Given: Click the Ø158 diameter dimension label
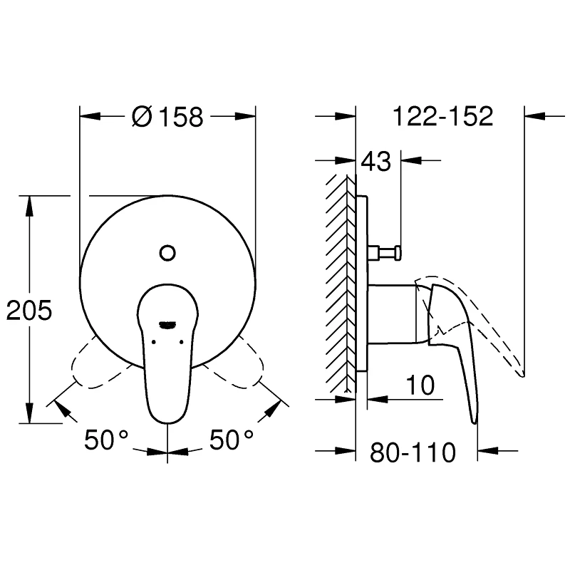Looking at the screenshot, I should (168, 117).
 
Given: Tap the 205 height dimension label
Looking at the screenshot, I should (29, 311).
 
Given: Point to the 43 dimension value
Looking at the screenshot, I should (375, 162).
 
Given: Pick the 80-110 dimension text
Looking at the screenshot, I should (413, 452).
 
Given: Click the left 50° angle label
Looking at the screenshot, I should (107, 440).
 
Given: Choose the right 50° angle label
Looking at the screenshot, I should (232, 440).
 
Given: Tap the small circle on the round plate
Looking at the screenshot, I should (167, 252).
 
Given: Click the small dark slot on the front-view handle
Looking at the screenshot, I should (167, 324).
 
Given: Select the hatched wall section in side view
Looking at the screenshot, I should (341, 285).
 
